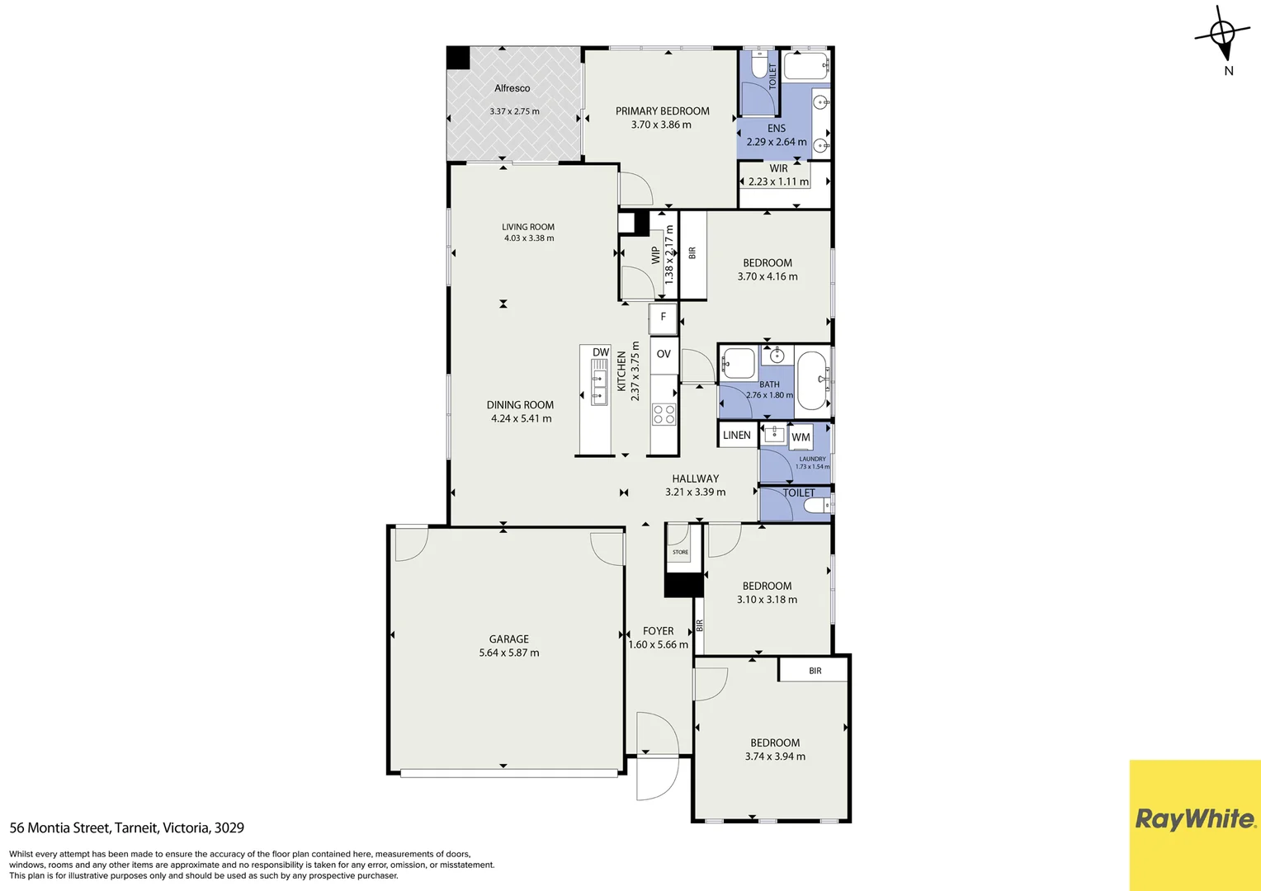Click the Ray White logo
click(x=1194, y=819)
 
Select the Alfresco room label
click(x=512, y=88)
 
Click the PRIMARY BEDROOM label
click(x=662, y=111)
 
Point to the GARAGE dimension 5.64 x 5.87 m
click(x=508, y=653)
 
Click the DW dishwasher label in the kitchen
click(x=600, y=352)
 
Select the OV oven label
click(x=664, y=354)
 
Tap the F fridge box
click(x=663, y=317)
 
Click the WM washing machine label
click(x=801, y=437)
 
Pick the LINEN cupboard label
click(x=736, y=435)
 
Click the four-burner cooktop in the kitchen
click(x=664, y=413)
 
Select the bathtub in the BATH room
click(x=813, y=380)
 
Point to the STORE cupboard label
click(x=680, y=552)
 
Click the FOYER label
click(x=658, y=631)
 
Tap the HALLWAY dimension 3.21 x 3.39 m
click(x=695, y=492)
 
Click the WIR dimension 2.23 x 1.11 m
click(x=777, y=181)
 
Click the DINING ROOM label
click(x=520, y=405)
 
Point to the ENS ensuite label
click(x=776, y=128)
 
